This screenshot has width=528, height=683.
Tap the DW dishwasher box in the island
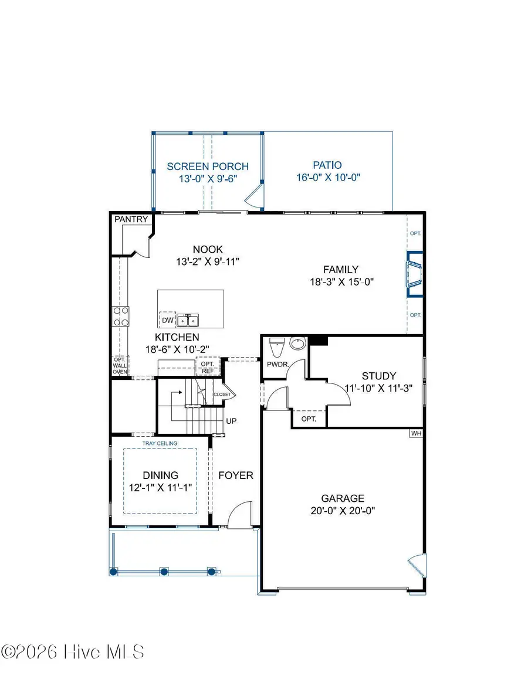168,320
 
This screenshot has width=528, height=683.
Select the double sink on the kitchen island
188,320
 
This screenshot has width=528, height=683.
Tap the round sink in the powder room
298,344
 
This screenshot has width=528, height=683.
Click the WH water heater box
416,433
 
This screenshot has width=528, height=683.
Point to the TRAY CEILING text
160,443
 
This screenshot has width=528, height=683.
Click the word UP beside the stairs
231,421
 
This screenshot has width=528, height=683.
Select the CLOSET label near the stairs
222,395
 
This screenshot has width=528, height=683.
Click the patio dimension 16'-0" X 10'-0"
327,178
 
